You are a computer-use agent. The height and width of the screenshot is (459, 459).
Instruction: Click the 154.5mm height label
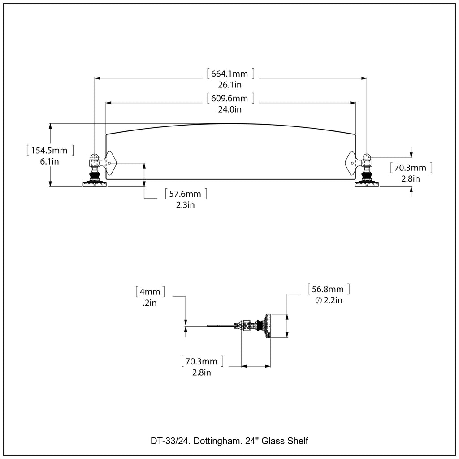pos(50,151)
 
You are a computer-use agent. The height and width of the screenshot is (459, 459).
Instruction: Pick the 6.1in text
pos(50,161)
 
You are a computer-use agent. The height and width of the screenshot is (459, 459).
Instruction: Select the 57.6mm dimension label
pos(186,194)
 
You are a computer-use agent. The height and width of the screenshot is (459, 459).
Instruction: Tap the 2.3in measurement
pos(186,205)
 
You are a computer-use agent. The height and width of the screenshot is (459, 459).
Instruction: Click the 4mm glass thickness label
pos(150,292)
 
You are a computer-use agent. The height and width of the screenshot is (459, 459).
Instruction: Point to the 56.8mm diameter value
pos(328,289)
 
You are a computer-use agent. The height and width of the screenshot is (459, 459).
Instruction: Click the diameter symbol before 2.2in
pos(318,300)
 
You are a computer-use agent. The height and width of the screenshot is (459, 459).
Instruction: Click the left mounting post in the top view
pos(95,171)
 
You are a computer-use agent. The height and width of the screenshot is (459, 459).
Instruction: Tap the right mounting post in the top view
pos(367,171)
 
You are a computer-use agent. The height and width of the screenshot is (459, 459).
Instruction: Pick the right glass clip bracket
pos(352,163)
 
